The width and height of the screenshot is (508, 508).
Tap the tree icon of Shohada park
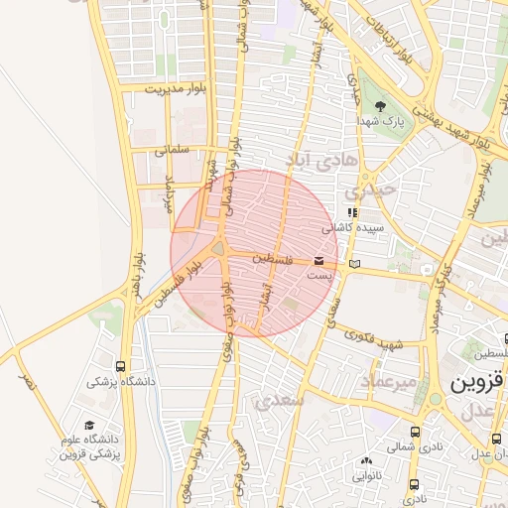pyautogui.click(x=382, y=104)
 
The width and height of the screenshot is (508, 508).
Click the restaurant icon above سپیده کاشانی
pyautogui.click(x=351, y=212)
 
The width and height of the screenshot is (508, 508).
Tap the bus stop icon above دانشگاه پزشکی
pyautogui.click(x=121, y=366)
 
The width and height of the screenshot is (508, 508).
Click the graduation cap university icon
pyautogui.click(x=89, y=425)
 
